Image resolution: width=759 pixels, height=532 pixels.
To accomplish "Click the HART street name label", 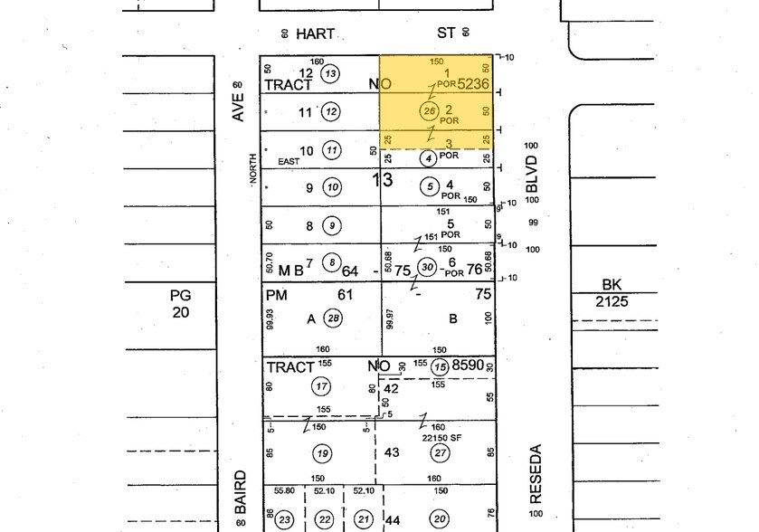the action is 316,33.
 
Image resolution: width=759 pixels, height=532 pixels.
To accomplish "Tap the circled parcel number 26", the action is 430,111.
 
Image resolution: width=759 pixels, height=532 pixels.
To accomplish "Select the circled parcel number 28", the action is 334,318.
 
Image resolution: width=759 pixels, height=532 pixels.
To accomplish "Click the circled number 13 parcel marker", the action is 330,73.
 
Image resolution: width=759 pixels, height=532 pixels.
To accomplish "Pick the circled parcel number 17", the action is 321,387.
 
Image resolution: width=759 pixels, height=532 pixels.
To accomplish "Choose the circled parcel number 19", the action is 321,452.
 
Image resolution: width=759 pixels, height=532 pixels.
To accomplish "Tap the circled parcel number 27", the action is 441,453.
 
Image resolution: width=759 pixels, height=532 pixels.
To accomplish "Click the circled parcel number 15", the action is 441,366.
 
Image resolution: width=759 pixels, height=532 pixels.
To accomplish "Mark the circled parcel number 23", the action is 284,518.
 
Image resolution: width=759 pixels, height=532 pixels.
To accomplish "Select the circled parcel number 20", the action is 441,518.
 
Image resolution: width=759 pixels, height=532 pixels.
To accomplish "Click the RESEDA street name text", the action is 536,475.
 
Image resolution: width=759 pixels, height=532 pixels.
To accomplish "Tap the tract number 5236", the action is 474,84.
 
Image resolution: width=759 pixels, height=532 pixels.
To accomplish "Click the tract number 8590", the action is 474,366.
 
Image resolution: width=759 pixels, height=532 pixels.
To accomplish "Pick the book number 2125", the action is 612,301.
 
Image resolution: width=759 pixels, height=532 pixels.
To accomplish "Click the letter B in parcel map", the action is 453,318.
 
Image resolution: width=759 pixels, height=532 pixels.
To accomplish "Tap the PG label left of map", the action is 180,295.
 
